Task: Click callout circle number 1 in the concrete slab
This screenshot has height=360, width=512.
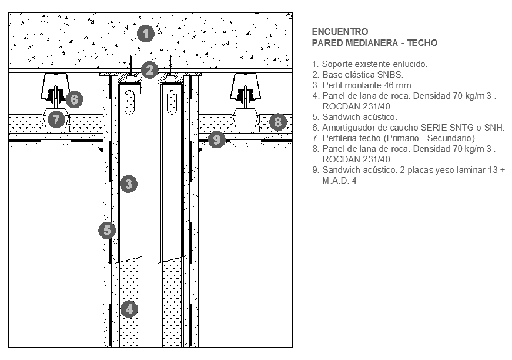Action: [145, 34]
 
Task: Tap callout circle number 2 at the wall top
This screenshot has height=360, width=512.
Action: [150, 71]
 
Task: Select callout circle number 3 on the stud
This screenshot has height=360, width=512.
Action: [128, 184]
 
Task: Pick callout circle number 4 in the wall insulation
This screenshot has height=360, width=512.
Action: [129, 308]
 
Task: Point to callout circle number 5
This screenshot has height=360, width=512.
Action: [106, 230]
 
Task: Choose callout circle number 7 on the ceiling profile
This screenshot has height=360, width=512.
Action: [56, 119]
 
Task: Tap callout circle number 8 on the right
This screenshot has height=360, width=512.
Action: [277, 122]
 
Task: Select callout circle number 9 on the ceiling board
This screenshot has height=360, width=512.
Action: [217, 139]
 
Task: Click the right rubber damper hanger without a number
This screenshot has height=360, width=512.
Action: [247, 88]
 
